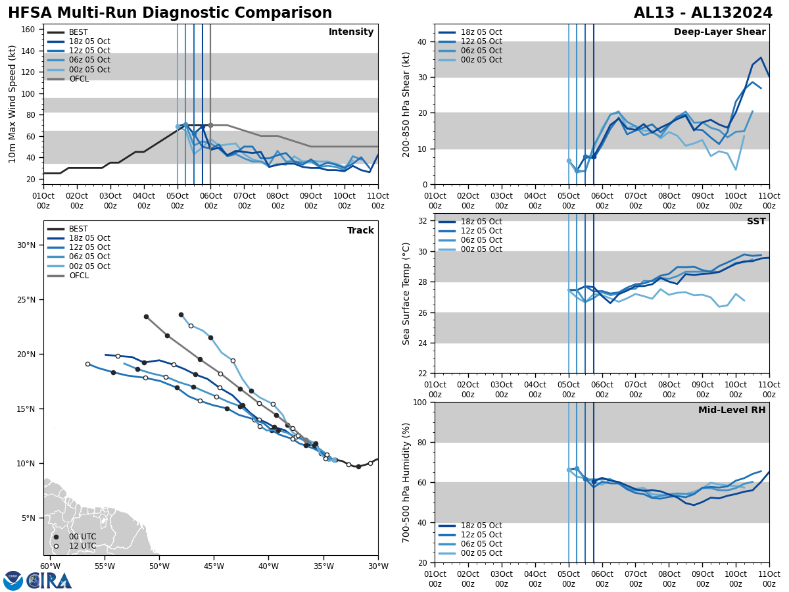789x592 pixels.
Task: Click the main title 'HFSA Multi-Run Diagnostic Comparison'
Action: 170,13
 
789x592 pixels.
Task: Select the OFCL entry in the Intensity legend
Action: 79,79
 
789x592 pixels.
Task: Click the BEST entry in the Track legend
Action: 78,229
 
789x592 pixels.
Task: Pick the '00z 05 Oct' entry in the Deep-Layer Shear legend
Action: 481,60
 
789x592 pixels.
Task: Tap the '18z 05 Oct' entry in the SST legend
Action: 481,222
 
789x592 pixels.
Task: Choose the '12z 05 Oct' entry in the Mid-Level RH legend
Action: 481,535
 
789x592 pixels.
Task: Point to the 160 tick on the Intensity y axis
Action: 30,30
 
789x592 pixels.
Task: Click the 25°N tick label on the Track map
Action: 26,300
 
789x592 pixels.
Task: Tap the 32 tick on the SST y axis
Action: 423,221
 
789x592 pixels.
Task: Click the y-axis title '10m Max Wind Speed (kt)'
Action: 12,104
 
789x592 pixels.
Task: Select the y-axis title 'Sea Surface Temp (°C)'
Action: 406,293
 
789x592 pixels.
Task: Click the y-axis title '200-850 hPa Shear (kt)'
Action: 406,104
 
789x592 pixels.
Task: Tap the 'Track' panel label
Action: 360,231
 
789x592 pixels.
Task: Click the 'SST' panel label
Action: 756,222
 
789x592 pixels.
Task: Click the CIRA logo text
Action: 50,580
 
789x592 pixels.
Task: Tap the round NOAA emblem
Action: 13,580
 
